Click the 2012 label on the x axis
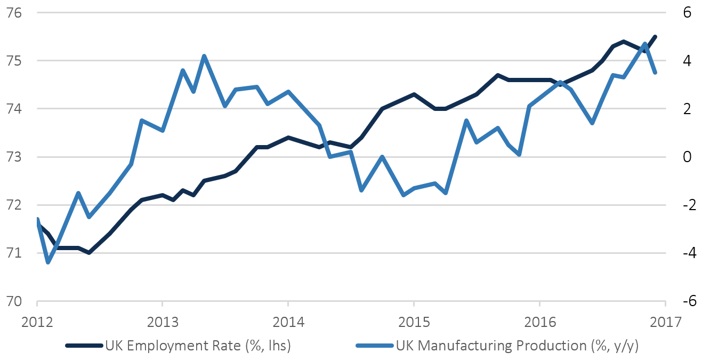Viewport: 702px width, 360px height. point(38,323)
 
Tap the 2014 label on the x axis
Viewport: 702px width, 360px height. point(288,323)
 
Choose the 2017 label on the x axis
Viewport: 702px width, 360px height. point(665,323)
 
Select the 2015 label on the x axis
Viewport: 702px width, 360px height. point(413,323)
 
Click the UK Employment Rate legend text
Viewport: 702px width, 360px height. point(198,346)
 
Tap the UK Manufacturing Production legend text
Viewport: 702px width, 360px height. point(517,346)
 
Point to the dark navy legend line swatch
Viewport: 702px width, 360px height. point(84,346)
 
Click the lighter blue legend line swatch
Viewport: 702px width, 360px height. point(375,346)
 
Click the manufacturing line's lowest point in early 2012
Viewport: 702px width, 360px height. point(48,262)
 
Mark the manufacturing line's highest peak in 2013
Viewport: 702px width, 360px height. point(204,55)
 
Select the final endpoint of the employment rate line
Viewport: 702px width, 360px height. point(656,36)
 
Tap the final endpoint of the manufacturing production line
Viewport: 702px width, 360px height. point(656,73)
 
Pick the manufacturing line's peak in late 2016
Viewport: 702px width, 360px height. point(645,44)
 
